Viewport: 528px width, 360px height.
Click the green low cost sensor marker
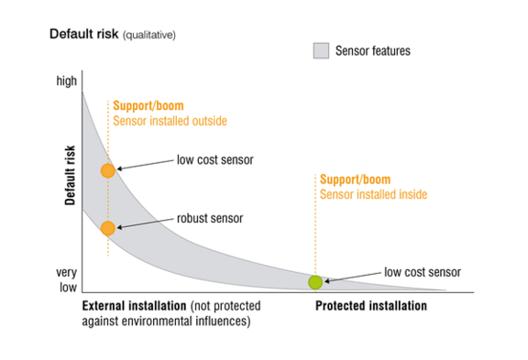315,282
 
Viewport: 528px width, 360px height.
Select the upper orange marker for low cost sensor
108,170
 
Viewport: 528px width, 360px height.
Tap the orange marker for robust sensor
108,228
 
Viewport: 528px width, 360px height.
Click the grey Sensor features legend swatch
320,51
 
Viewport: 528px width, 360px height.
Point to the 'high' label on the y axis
67,82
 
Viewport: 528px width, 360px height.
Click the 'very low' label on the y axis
66,279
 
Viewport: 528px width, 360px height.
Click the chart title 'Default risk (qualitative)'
112,34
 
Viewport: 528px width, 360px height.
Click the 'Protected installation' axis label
370,306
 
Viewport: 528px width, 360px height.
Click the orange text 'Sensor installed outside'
169,120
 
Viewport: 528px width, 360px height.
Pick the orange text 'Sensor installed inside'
373,194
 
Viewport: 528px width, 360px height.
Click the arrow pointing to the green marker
352,277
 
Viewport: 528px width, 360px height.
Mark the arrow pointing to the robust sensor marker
146,223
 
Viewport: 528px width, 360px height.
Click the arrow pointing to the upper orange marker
145,164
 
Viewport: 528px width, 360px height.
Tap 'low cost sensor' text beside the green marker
422,272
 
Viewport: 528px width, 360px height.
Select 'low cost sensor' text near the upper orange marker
214,160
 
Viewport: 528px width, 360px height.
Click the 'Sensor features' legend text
373,51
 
